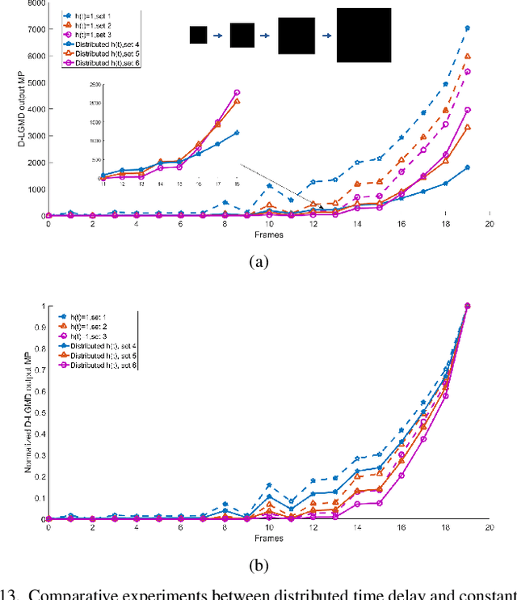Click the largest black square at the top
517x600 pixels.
[x=364, y=35]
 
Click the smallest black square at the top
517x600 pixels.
[x=198, y=35]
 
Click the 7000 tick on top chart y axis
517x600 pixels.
[x=32, y=29]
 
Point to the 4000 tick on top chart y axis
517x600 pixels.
[x=32, y=109]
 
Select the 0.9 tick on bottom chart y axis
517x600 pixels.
[x=36, y=327]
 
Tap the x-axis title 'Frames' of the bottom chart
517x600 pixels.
[x=267, y=537]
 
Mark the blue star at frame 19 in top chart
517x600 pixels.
[x=467, y=28]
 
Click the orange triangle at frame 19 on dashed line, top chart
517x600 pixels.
[x=467, y=57]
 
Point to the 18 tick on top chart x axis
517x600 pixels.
[x=444, y=225]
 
